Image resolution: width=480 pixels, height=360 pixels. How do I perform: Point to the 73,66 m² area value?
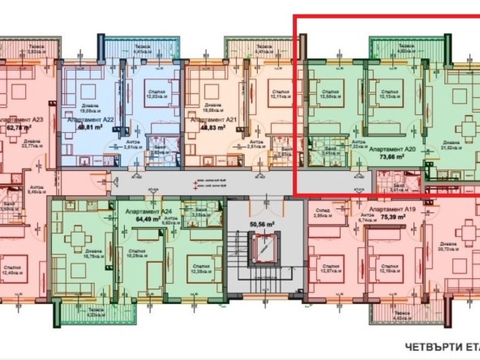point(392,159)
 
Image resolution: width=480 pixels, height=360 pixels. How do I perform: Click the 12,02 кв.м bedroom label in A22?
point(154,95)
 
